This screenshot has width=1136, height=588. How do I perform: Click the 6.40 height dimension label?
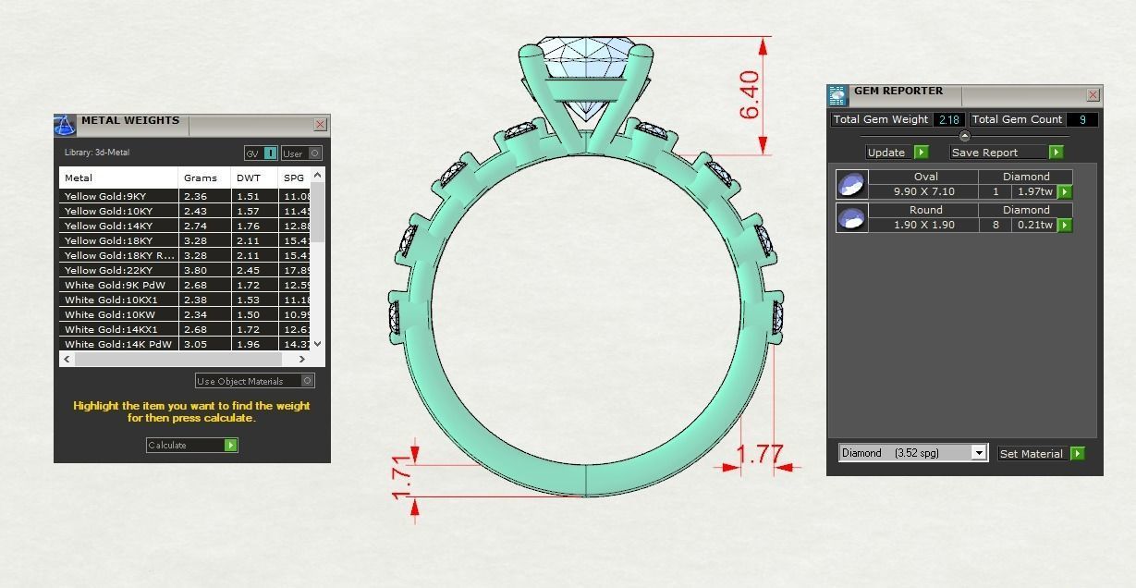click(750, 95)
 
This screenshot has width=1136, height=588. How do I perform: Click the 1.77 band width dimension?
click(761, 455)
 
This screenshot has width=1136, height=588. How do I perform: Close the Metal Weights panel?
click(320, 124)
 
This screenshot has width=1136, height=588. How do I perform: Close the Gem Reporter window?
click(1093, 94)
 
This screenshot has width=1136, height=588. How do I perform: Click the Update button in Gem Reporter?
click(897, 153)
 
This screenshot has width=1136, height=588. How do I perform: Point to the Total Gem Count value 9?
click(1082, 119)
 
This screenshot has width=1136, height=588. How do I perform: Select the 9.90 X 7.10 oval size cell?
click(923, 191)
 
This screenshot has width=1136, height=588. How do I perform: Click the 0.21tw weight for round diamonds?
click(1033, 225)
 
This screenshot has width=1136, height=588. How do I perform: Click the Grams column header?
click(201, 178)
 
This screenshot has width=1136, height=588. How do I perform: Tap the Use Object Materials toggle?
click(254, 381)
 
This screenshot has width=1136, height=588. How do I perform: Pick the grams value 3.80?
click(195, 270)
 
